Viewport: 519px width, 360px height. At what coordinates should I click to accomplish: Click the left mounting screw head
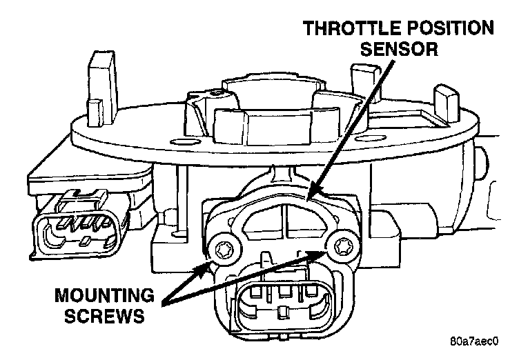click(223, 246)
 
